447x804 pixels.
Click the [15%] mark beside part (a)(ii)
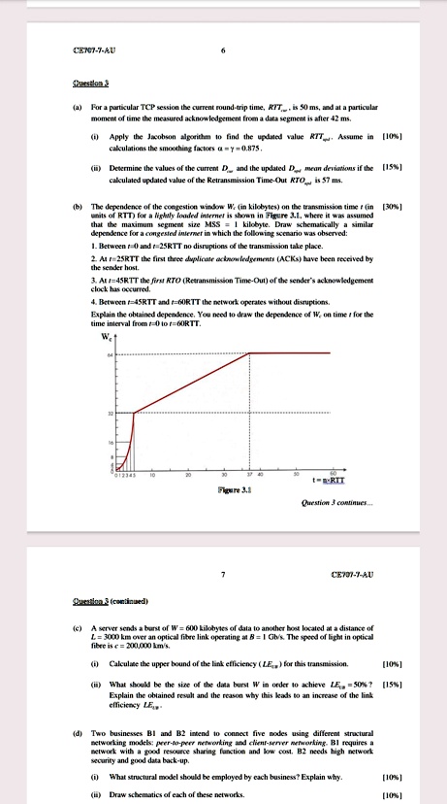tap(393, 167)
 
